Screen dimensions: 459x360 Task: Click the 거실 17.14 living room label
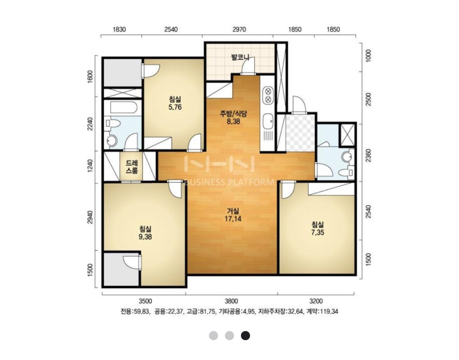233,214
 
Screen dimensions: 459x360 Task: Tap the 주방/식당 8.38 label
233,117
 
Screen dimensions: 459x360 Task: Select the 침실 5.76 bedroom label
175,103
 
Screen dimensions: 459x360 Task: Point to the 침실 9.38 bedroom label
145,233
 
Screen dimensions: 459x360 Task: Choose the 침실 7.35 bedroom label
317,228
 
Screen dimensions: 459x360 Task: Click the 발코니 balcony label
240,57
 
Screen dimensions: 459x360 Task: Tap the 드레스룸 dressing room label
132,167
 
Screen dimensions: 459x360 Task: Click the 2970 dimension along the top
239,29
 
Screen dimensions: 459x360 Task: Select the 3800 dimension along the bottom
231,301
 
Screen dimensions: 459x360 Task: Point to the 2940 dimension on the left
90,217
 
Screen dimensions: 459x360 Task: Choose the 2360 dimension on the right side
368,155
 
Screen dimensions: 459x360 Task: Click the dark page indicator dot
245,336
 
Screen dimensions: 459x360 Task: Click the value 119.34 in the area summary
329,311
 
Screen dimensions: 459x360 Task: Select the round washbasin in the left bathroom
112,140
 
